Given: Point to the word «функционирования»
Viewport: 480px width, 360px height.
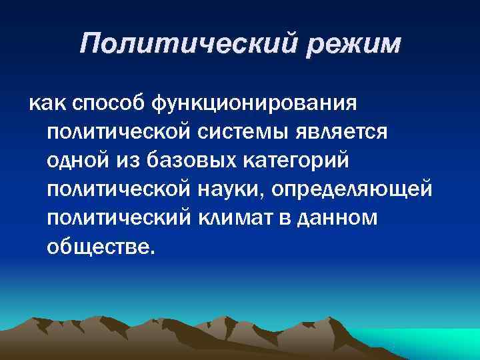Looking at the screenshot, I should [255, 104].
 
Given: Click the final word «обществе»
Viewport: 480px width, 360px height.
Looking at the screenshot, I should [100, 247].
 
